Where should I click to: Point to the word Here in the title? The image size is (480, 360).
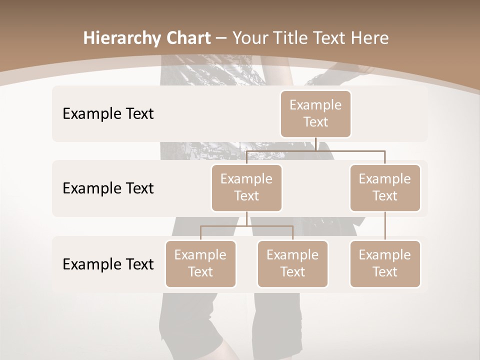pos(369,38)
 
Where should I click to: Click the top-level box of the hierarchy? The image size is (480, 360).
pos(315,114)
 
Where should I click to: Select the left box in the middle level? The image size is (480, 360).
pos(246,188)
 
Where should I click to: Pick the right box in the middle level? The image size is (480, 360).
pos(385,188)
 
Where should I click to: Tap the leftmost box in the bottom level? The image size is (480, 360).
pos(200,264)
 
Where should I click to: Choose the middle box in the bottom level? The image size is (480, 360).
pos(292,264)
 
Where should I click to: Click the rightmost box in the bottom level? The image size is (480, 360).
pos(385,264)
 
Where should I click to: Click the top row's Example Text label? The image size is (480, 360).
pos(108,114)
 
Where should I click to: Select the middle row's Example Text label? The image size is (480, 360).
pos(108,188)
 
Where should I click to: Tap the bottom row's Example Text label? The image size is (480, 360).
pos(108,264)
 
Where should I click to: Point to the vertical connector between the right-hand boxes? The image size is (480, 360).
pos(385,226)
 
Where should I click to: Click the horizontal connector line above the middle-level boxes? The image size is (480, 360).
pos(315,150)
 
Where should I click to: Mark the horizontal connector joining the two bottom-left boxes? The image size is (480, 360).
pos(246,226)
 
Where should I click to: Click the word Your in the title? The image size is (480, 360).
pos(249,38)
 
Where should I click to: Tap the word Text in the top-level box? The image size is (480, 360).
pos(315,122)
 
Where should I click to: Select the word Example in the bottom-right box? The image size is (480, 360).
pos(384,255)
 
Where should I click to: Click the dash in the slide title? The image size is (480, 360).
pos(220,38)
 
